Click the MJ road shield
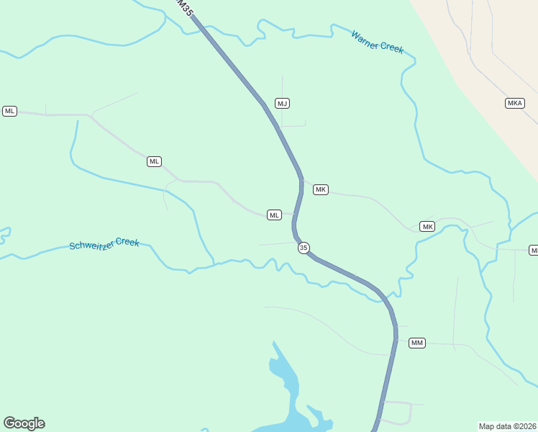pos(282,104)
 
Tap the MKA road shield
pos(514,103)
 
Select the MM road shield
pos(417,343)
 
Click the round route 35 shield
pos(304,248)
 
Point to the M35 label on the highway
pos(185,9)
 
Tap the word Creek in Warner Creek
pos(392,48)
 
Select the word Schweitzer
pos(93,245)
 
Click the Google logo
pos(24,423)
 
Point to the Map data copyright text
pos(508,426)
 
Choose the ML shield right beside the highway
pos(274,215)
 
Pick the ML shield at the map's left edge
pos(9,111)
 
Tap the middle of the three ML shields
pos(154,161)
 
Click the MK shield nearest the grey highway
pos(321,189)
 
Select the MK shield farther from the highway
pos(428,227)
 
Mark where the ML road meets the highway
pos(295,215)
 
